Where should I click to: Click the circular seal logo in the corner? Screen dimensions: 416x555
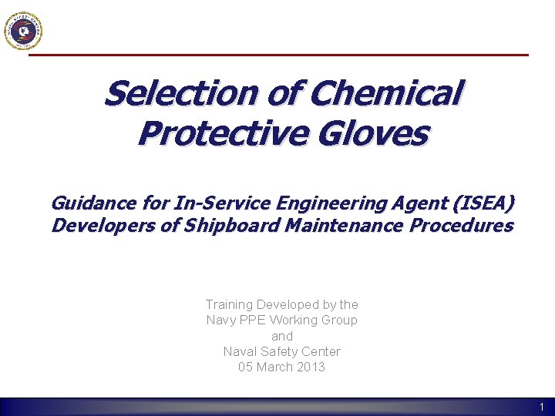[23, 31]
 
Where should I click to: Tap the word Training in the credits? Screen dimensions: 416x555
[230, 305]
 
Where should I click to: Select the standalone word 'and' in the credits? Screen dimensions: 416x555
[282, 336]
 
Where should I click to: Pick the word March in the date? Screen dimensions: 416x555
[274, 367]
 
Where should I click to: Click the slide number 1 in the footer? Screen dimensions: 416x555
[542, 407]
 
